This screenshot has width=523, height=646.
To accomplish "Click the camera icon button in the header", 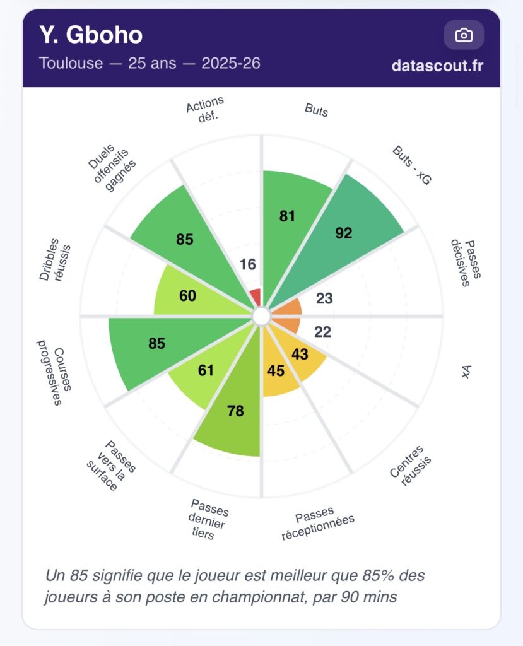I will point(464,35).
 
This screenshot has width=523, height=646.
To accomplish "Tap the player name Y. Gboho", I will point(91,35).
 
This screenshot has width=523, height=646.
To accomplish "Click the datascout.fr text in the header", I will point(437,65).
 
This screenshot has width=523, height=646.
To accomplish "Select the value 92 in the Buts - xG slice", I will point(343,233).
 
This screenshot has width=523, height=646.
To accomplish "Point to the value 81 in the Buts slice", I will point(287,216).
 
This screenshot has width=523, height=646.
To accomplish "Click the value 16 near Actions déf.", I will point(248,264).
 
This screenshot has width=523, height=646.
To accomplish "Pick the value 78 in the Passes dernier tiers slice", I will point(235,411).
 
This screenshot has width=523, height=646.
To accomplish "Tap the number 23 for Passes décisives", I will point(324,298).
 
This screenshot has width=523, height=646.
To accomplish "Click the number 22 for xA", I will point(322,332).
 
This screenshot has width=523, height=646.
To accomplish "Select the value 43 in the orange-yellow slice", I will point(300,355).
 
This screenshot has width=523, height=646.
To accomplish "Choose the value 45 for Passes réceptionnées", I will point(276,371).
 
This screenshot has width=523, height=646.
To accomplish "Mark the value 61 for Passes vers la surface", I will point(206,370).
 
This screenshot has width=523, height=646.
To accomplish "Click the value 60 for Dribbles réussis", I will point(187,295).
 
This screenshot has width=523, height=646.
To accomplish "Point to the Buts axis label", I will point(316,110).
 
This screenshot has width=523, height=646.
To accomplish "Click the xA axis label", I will point(467,372).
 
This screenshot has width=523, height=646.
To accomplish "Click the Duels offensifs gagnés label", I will point(112,167).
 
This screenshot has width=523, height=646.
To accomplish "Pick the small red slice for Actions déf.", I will point(256,297).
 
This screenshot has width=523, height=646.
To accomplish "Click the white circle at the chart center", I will point(261,316).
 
